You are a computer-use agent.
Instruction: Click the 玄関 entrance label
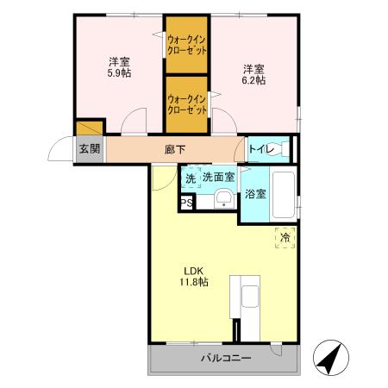click(x=89, y=148)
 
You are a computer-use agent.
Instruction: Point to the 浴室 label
click(x=255, y=195)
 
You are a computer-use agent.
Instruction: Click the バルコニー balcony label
click(x=226, y=357)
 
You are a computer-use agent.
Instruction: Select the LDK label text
click(x=191, y=268)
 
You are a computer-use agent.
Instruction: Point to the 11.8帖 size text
click(x=193, y=281)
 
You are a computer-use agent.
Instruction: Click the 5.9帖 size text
click(x=118, y=75)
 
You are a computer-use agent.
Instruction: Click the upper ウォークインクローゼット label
click(x=187, y=44)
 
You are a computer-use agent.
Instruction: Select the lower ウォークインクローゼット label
click(x=187, y=104)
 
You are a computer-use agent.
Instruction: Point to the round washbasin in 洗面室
click(x=222, y=200)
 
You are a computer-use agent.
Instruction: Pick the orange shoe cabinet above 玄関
click(x=89, y=129)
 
